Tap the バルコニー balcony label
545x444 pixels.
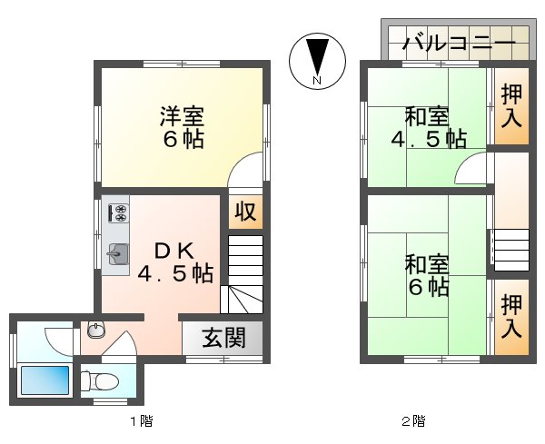pyautogui.click(x=459, y=42)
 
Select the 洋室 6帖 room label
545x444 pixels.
pyautogui.click(x=182, y=128)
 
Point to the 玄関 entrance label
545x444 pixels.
pyautogui.click(x=223, y=339)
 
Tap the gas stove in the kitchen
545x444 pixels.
pyautogui.click(x=118, y=213)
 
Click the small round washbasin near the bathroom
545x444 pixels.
pyautogui.click(x=95, y=330)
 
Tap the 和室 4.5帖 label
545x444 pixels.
pyautogui.click(x=428, y=128)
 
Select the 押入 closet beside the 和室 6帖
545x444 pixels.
pyautogui.click(x=511, y=315)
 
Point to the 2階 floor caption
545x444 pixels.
pyautogui.click(x=413, y=421)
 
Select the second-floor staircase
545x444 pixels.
pyautogui.click(x=510, y=250)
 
